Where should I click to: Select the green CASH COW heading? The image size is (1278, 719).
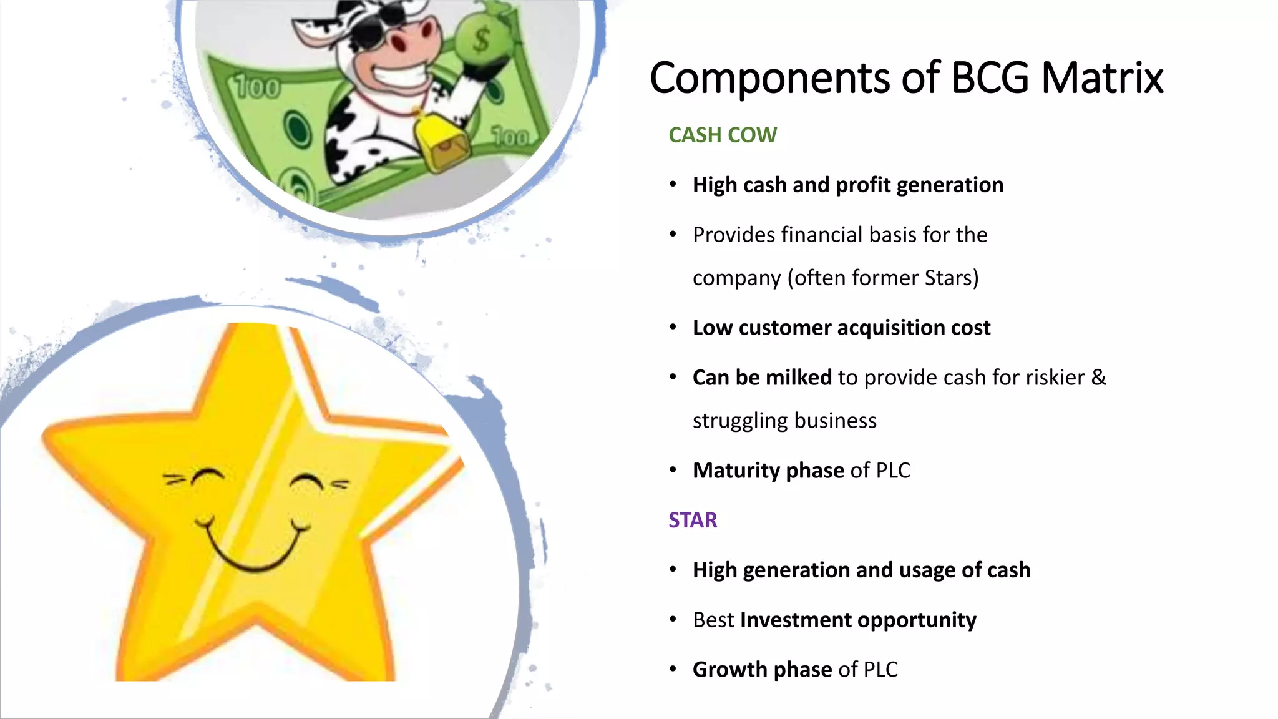(x=723, y=135)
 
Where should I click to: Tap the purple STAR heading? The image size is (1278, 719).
(x=693, y=520)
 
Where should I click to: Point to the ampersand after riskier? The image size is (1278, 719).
(x=1098, y=378)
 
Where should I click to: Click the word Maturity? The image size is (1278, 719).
(x=736, y=471)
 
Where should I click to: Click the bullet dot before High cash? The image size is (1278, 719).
(x=673, y=185)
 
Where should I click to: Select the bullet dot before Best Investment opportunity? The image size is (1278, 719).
(x=673, y=620)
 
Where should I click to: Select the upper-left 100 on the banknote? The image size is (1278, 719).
(x=255, y=87)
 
